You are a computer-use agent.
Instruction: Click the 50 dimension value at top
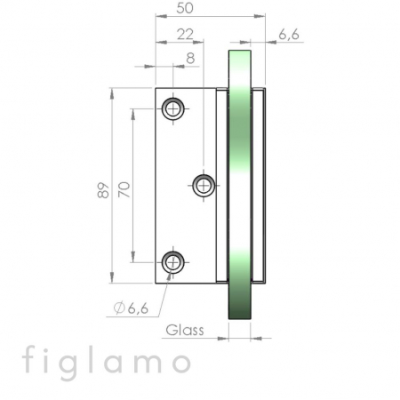coord(185,8)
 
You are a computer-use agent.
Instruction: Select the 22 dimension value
coord(185,35)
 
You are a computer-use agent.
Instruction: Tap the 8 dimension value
coord(190,59)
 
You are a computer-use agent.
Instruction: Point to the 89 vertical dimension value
coord(103,190)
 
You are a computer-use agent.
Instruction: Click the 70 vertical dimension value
coord(124,189)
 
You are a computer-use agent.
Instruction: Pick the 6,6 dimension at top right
coord(289,35)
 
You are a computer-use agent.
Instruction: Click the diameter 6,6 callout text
coord(132,308)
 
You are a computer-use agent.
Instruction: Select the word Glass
coord(185,330)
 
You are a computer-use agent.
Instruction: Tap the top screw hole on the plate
coord(173,109)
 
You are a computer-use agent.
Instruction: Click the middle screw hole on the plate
coord(204,186)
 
